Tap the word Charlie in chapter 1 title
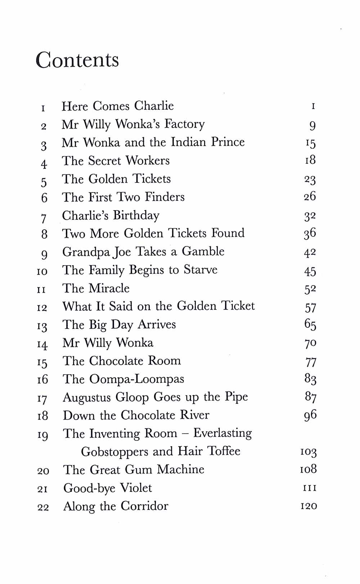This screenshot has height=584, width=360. [x=154, y=106]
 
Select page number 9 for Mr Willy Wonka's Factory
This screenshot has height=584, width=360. [x=312, y=125]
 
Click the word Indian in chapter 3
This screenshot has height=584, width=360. [x=189, y=142]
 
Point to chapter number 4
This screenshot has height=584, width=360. [x=44, y=164]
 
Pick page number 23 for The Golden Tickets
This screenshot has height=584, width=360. [x=310, y=180]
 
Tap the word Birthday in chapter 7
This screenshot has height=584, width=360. [x=136, y=216]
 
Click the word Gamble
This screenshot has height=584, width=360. [x=203, y=252]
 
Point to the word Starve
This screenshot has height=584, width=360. [x=201, y=270]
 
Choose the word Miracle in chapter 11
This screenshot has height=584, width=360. [x=109, y=288]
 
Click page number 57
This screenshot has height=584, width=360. [x=310, y=308]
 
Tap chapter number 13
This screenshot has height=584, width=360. [x=42, y=326]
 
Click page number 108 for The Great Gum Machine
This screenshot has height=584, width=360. [x=308, y=469]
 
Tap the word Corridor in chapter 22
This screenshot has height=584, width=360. [x=144, y=506]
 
